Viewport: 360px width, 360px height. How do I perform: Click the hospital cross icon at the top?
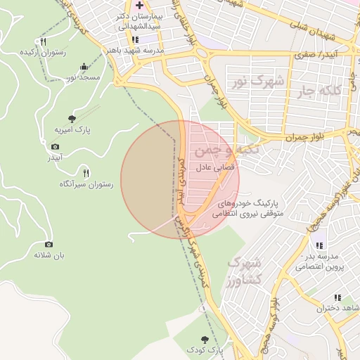coord(139,5)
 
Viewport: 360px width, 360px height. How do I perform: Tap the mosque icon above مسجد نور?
coord(84,66)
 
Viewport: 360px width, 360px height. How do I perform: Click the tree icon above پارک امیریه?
coord(72,119)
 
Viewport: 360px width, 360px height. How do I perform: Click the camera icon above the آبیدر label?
coord(56,146)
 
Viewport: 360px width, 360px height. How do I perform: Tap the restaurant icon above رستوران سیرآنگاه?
coord(86,173)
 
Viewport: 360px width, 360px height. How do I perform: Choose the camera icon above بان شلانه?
coord(49,244)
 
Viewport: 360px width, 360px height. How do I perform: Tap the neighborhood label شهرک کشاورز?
coord(245,271)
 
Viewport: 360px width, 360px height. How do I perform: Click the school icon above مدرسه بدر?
coord(319,245)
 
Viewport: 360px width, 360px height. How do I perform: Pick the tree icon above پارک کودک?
coord(205,339)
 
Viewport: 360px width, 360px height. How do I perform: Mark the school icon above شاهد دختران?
coord(337,298)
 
